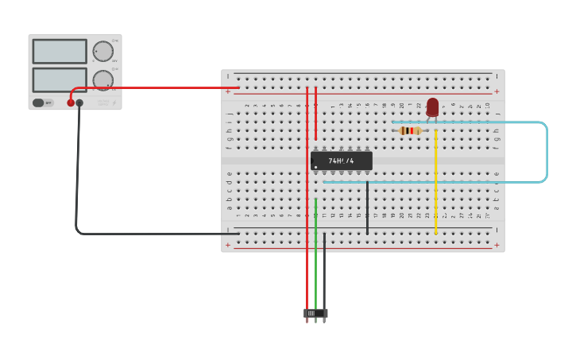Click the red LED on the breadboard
(432, 106)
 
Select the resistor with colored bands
(410, 130)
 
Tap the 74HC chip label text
(341, 161)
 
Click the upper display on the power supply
(60, 52)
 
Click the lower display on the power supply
(60, 79)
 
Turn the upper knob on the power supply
(103, 51)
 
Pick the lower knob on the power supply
(103, 79)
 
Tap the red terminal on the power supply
(71, 103)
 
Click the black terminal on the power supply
(79, 103)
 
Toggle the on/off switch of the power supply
(39, 103)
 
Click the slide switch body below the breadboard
(315, 313)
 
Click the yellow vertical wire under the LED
(435, 183)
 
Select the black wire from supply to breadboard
(77, 175)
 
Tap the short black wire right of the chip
(367, 207)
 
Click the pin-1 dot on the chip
(315, 167)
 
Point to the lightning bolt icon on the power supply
(113, 102)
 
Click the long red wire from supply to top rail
(159, 87)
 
